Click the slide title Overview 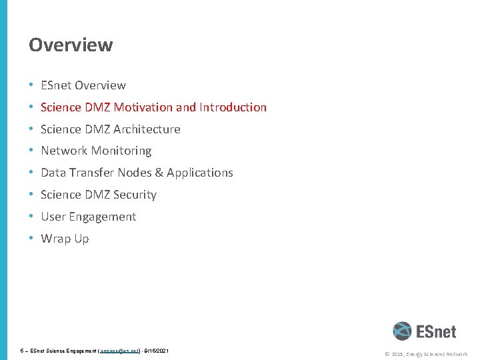coord(71,45)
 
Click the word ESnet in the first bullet coord(56,85)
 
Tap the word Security coord(135,195)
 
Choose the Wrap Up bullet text coord(65,239)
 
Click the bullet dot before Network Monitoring coord(31,151)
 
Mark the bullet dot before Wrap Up coord(31,239)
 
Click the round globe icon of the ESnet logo coord(402,331)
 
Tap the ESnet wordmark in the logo coord(436,331)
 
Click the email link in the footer coord(119,350)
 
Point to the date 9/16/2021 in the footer coord(155,350)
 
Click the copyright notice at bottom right coord(427,354)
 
